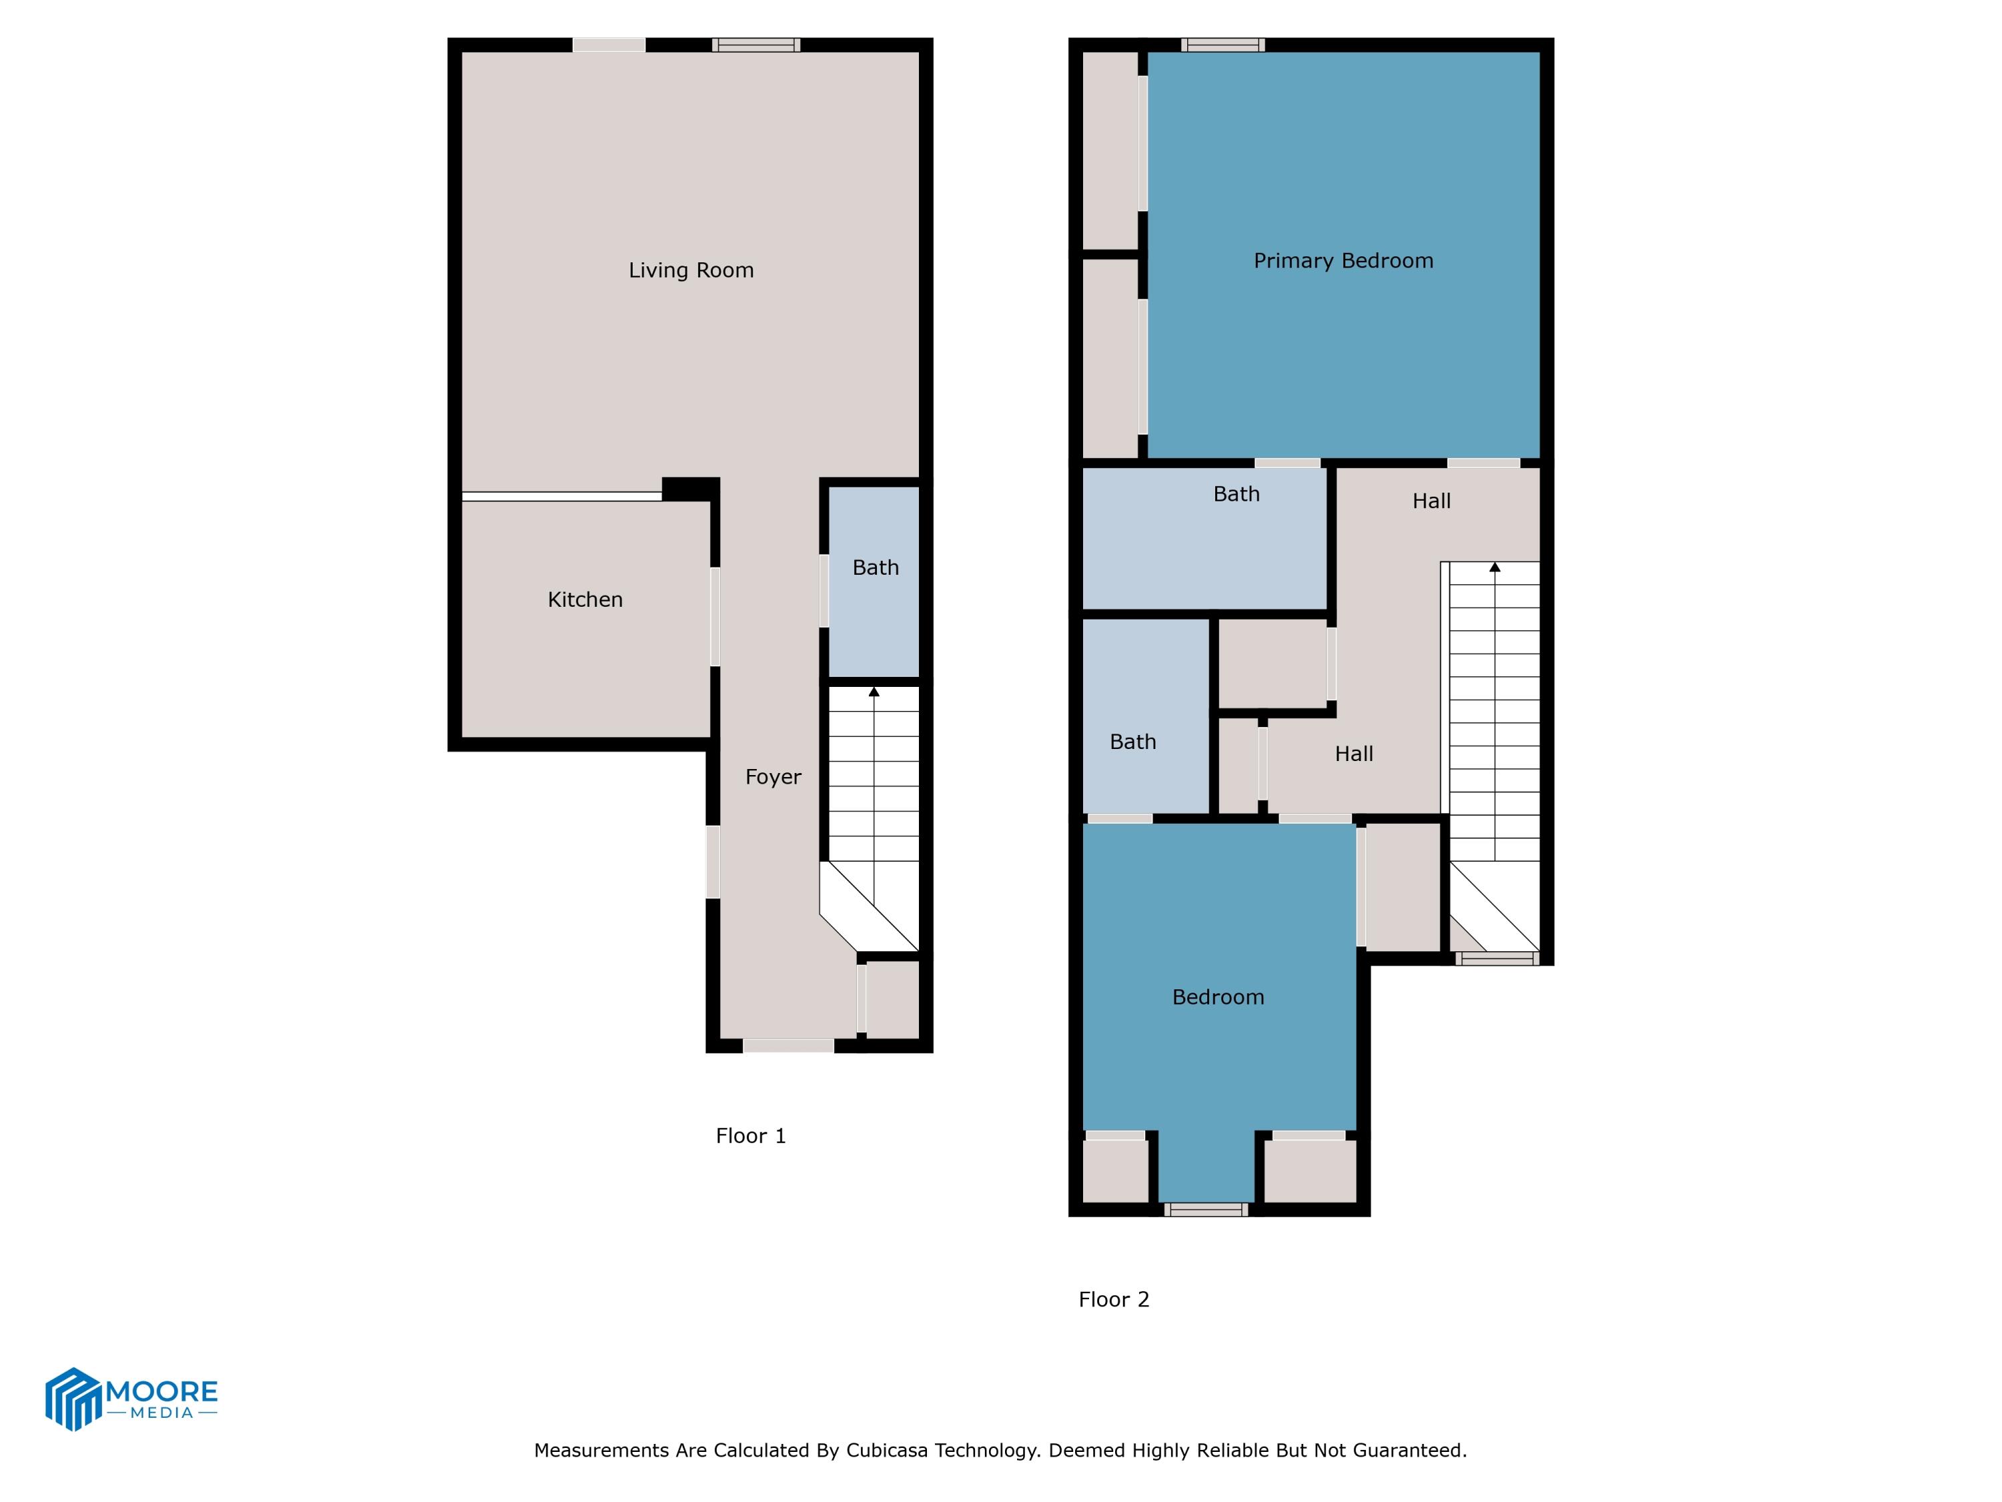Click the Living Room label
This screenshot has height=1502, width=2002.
click(x=691, y=270)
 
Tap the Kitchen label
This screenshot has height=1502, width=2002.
click(x=585, y=599)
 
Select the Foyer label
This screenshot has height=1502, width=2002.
click(x=773, y=777)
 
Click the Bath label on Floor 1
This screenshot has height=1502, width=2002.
click(x=875, y=567)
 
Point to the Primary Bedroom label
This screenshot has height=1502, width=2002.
click(x=1343, y=261)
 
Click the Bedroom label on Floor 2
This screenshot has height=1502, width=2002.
click(x=1217, y=997)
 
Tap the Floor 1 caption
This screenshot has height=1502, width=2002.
click(x=750, y=1136)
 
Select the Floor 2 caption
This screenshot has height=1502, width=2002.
click(x=1113, y=1299)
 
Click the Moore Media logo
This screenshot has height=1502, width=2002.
click(x=131, y=1399)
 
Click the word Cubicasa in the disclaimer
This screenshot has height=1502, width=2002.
click(x=887, y=1451)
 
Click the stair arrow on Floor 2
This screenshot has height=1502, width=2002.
click(x=1494, y=567)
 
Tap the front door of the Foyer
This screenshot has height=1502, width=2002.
click(x=787, y=1045)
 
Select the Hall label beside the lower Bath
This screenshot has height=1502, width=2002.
click(x=1354, y=753)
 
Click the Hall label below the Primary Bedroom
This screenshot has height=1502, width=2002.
click(x=1431, y=501)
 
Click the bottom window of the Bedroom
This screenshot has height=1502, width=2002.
click(x=1206, y=1210)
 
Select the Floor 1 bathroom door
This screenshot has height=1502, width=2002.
click(x=823, y=590)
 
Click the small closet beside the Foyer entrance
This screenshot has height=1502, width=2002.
click(x=892, y=999)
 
